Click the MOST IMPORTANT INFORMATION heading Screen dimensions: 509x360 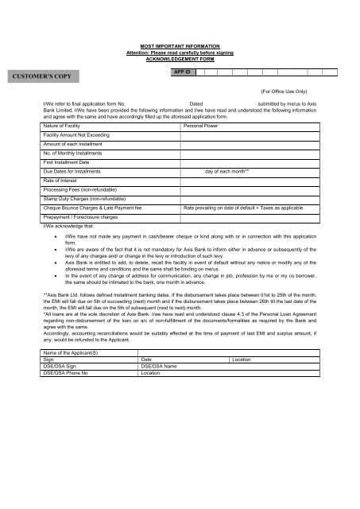click(x=180, y=48)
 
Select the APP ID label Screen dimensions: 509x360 click(x=179, y=72)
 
